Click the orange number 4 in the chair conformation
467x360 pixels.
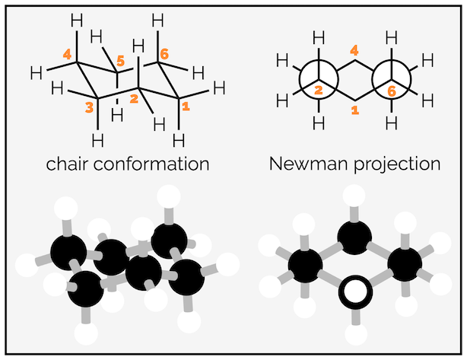(x=67, y=55)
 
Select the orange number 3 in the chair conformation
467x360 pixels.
(x=91, y=109)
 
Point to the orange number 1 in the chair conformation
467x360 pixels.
(x=186, y=109)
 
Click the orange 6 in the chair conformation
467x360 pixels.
(x=163, y=55)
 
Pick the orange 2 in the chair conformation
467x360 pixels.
(x=134, y=99)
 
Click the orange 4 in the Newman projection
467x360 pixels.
(x=354, y=51)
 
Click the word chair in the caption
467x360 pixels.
(x=68, y=164)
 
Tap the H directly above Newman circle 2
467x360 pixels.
(x=318, y=37)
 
